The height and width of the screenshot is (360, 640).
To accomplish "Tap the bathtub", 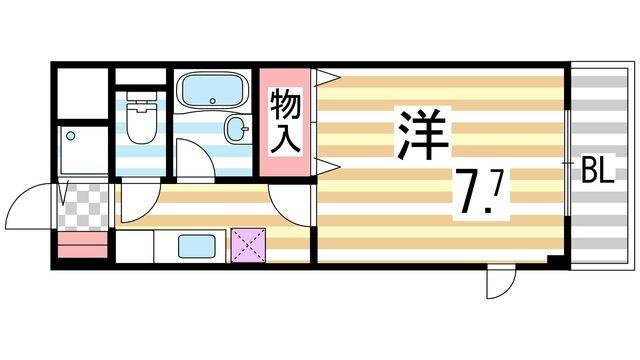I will click(213, 92).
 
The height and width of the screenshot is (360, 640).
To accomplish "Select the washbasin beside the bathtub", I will click(237, 129).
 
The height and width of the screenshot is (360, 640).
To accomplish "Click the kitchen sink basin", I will click(196, 245).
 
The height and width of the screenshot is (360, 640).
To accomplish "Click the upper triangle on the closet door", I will click(324, 76).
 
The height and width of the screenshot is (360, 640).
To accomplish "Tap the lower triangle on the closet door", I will click(324, 162).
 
